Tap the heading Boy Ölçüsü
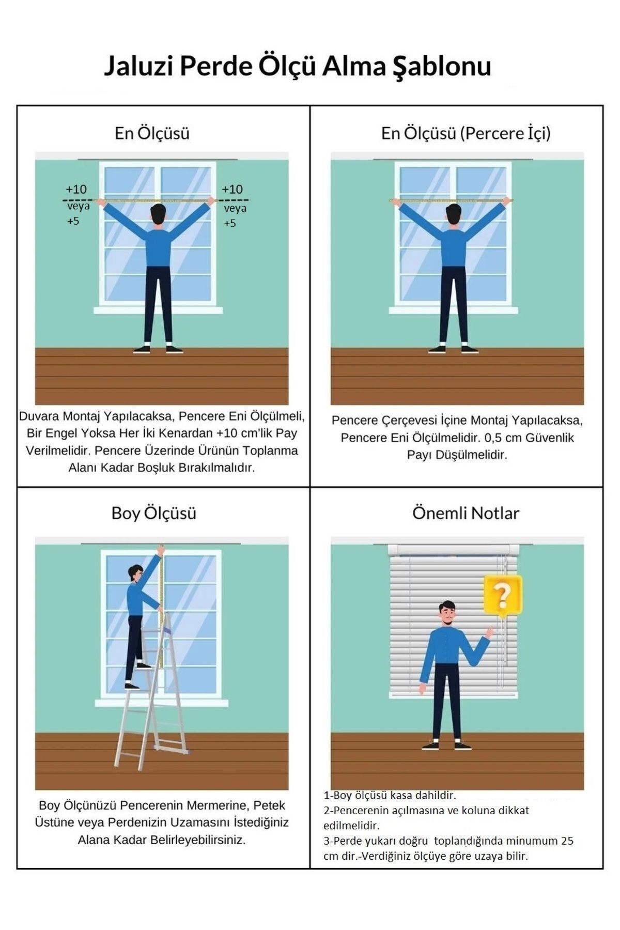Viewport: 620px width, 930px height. click(154, 513)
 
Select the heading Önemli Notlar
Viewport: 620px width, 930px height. click(466, 513)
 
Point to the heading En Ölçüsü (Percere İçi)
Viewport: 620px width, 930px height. click(466, 133)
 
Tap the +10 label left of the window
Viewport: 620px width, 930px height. click(76, 189)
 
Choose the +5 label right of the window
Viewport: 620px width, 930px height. click(230, 223)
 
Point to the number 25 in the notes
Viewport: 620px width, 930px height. click(567, 841)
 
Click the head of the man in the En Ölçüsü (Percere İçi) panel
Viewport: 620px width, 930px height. click(454, 213)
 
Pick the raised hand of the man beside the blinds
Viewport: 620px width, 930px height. click(489, 631)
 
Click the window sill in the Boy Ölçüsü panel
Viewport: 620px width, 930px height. click(161, 703)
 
